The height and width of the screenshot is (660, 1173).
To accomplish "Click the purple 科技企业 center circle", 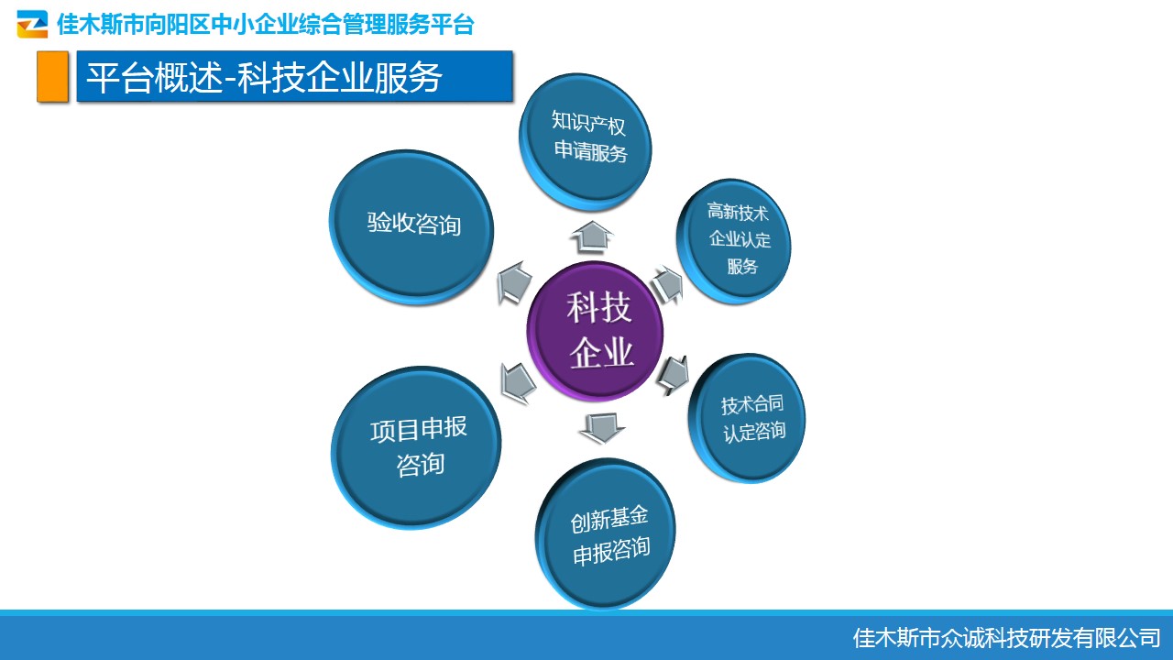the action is pyautogui.click(x=595, y=332).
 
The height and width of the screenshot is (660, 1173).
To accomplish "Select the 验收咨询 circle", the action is pyautogui.click(x=411, y=227).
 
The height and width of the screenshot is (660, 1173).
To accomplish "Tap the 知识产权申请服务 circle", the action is pyautogui.click(x=586, y=142).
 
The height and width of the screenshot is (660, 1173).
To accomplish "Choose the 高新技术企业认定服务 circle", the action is pyautogui.click(x=734, y=241).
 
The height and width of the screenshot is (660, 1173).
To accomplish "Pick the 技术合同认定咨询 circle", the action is pyautogui.click(x=747, y=418).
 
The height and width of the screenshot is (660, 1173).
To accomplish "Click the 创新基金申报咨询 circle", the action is pyautogui.click(x=606, y=533).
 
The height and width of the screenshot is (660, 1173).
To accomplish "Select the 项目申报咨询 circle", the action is pyautogui.click(x=416, y=447).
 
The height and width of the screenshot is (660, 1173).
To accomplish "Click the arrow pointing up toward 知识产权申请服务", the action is pyautogui.click(x=592, y=236).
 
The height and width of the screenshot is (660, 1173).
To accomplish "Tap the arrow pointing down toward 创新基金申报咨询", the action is pyautogui.click(x=602, y=428).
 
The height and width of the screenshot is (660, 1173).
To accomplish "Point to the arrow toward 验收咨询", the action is pyautogui.click(x=514, y=283).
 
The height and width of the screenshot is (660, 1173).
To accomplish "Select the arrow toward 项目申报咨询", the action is pyautogui.click(x=518, y=383).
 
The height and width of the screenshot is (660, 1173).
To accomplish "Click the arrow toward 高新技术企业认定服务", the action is pyautogui.click(x=668, y=285).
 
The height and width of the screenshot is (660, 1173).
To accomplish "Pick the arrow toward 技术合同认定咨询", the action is pyautogui.click(x=673, y=375).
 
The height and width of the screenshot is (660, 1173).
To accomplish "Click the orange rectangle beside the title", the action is pyautogui.click(x=52, y=76).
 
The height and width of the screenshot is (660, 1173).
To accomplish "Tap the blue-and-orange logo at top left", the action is pyautogui.click(x=32, y=24).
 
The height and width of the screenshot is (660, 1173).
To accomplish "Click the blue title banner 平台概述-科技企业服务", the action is pyautogui.click(x=294, y=76).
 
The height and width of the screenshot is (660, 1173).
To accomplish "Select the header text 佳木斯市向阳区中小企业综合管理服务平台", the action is pyautogui.click(x=266, y=24).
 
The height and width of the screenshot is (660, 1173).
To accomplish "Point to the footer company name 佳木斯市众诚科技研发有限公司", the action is pyautogui.click(x=1006, y=638).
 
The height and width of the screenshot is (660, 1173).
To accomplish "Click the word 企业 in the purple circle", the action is pyautogui.click(x=602, y=353).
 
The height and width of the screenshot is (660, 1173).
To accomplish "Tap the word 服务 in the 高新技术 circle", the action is pyautogui.click(x=742, y=266).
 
